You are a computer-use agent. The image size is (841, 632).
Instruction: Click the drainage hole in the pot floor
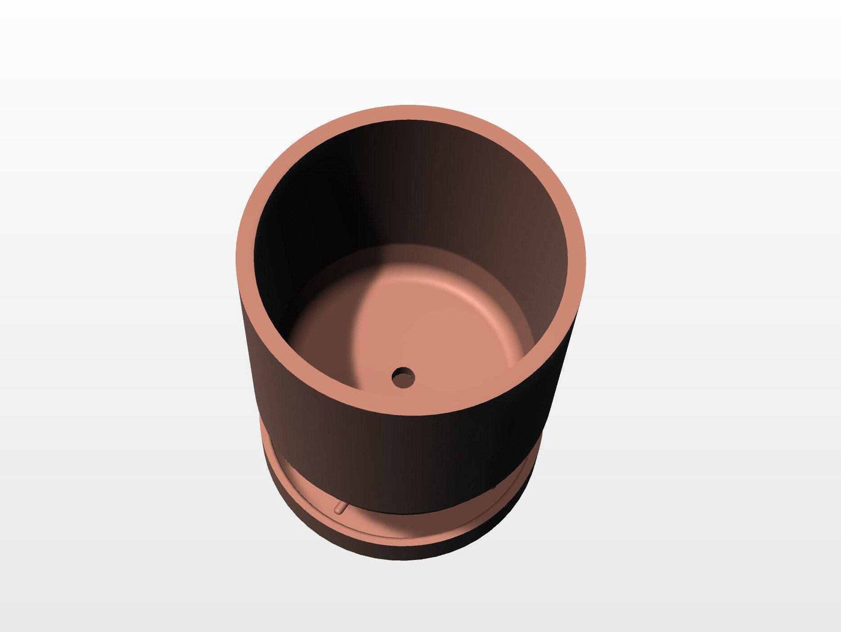coord(403,377)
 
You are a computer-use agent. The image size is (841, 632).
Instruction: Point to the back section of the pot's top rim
coord(410,113)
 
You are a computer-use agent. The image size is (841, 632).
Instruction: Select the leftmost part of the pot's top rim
coord(245,261)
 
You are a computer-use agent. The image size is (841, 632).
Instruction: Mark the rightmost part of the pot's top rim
coord(576,261)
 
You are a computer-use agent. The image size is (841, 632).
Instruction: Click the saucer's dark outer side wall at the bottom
coord(405,551)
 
